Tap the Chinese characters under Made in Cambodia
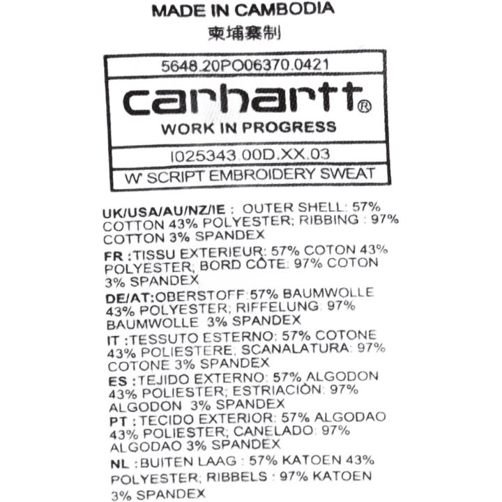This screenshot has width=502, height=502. (x=245, y=33)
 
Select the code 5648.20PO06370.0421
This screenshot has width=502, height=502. (x=245, y=66)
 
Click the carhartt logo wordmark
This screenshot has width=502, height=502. (x=243, y=98)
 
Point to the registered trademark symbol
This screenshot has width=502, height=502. (x=364, y=106)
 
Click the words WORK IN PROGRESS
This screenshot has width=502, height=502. (x=249, y=128)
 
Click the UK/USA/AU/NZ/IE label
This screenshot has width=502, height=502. (x=164, y=211)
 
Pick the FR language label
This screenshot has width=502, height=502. (x=114, y=256)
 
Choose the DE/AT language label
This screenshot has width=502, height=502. (x=130, y=298)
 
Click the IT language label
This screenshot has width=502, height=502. (x=113, y=340)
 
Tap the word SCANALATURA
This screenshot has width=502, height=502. (x=295, y=349)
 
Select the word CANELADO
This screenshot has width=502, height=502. (x=273, y=431)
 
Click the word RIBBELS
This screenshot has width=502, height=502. (x=236, y=477)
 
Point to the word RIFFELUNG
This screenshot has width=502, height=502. (x=277, y=307)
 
